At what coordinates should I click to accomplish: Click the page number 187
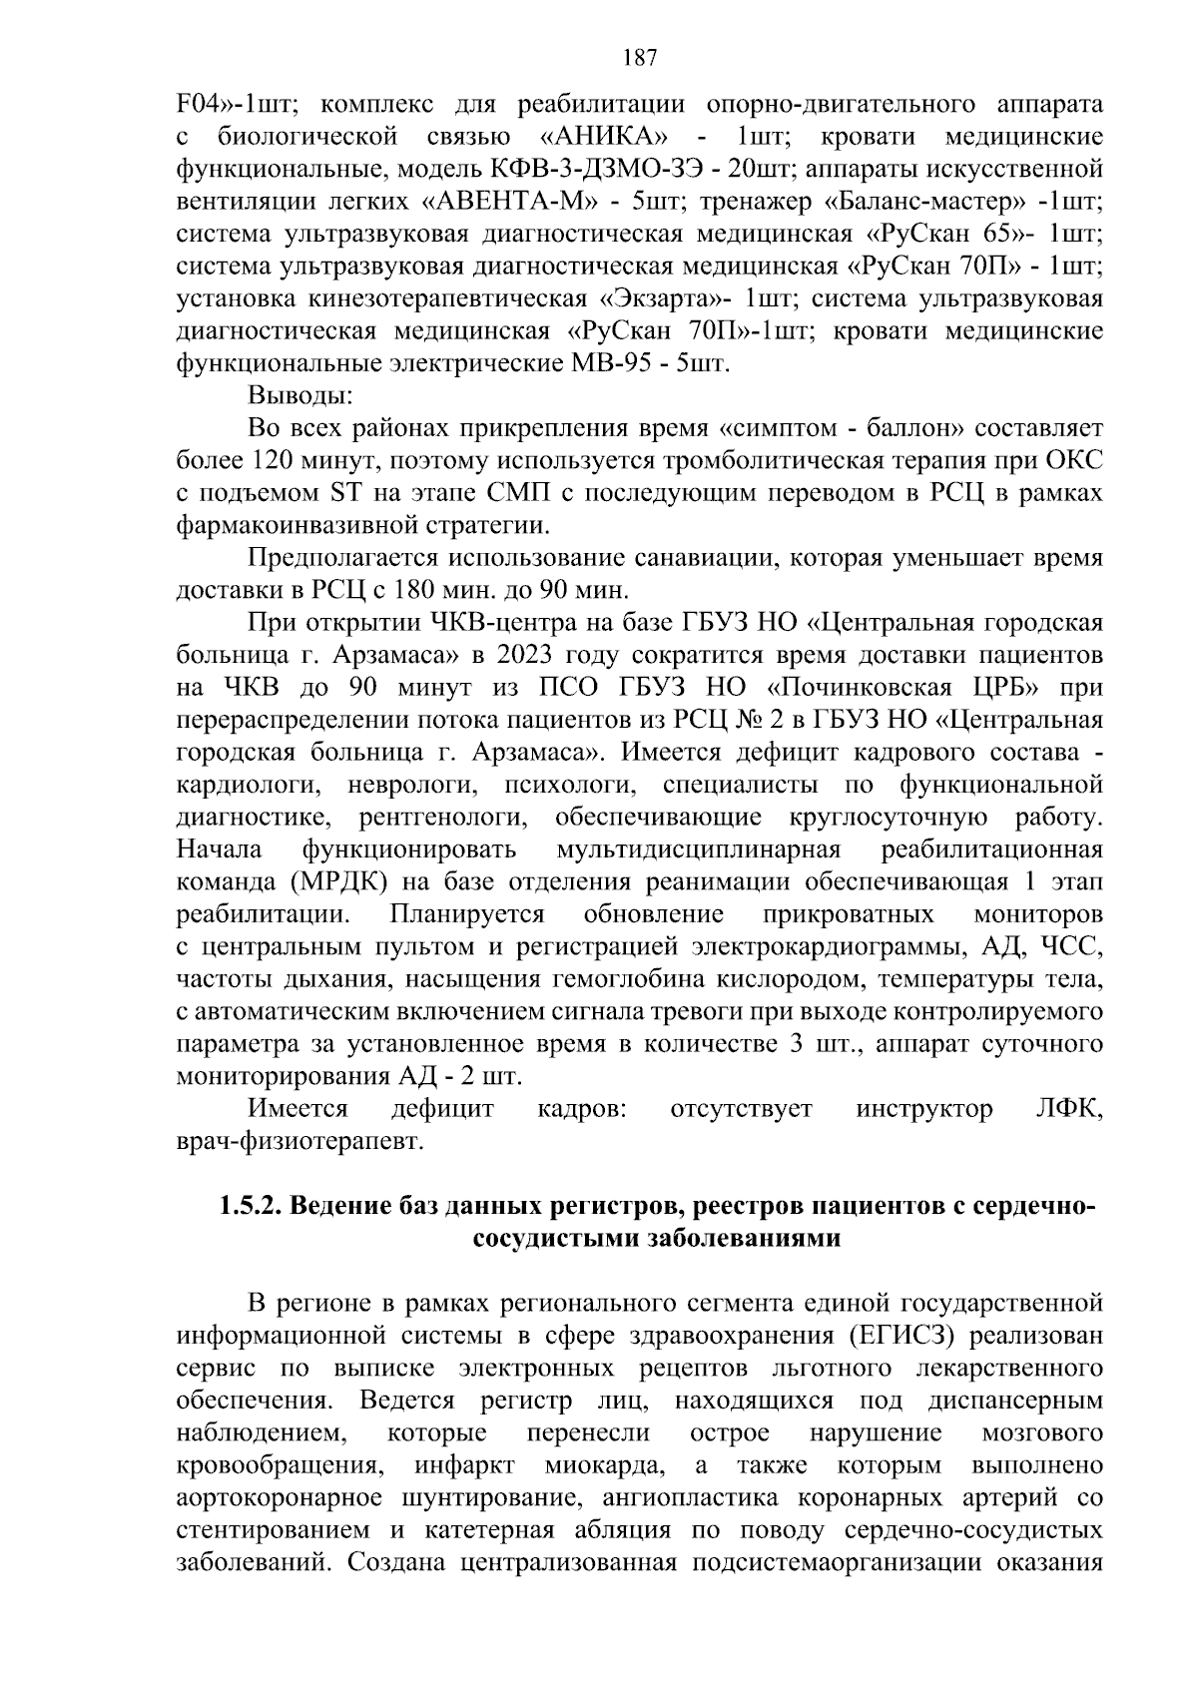click(x=639, y=58)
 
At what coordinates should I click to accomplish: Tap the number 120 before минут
click(x=264, y=461)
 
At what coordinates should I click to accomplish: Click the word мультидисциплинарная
click(x=699, y=849)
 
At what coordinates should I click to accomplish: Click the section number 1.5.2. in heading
click(x=252, y=1207)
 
